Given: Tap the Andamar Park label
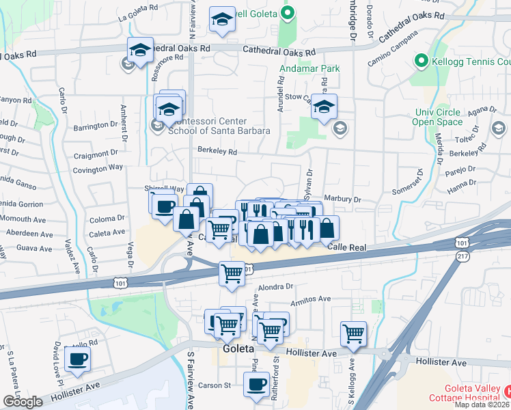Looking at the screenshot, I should click(x=301, y=69).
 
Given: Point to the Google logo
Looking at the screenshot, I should click(x=23, y=402).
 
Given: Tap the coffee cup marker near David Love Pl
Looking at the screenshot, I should click(x=77, y=359).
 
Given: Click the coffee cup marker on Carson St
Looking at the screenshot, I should click(x=258, y=383).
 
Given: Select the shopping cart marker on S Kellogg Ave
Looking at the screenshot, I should click(x=353, y=333).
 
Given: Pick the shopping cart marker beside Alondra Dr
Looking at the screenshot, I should click(x=232, y=273).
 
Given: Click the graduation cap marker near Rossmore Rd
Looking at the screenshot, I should click(x=140, y=51).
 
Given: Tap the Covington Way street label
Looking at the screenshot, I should click(x=98, y=167).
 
